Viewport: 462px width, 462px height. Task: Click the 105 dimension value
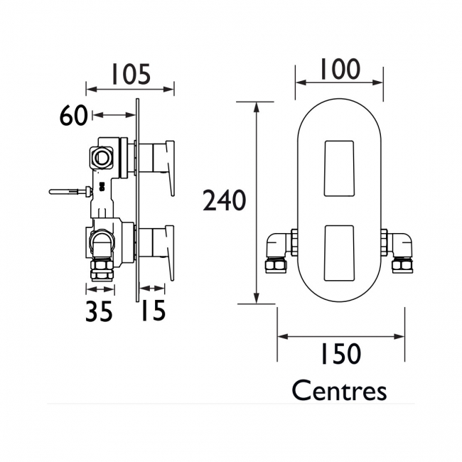(131, 74)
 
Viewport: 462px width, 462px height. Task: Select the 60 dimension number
(74, 115)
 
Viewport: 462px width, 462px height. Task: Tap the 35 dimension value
(99, 311)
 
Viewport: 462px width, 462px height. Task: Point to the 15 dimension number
(154, 311)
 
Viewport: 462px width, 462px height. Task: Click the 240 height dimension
(225, 200)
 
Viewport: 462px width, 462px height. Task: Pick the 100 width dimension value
(340, 69)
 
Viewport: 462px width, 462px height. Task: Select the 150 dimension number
(340, 353)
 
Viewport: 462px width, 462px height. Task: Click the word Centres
(340, 391)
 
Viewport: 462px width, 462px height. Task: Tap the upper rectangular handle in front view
(339, 168)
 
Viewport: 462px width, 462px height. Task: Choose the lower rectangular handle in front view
(339, 253)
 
